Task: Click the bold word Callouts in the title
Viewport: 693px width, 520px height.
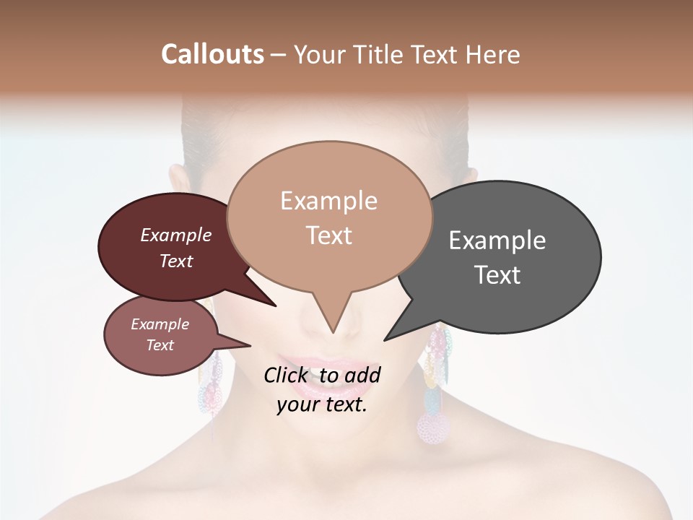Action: [212, 54]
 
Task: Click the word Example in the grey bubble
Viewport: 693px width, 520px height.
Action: [497, 240]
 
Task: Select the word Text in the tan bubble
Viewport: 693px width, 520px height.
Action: [329, 235]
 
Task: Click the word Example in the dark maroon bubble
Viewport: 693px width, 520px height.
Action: [176, 235]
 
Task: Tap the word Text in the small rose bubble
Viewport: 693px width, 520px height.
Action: [160, 345]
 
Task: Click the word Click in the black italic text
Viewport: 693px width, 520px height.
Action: [287, 375]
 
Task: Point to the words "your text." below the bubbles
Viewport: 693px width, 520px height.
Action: [321, 404]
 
